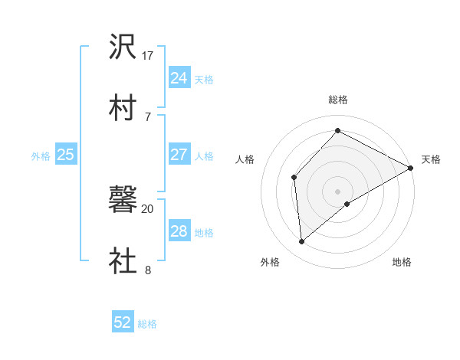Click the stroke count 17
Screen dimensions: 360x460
tap(148, 55)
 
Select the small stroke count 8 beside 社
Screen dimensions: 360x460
tap(148, 269)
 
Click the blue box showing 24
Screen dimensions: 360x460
tap(179, 77)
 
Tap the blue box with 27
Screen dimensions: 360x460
tap(179, 155)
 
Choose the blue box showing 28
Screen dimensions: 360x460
tap(179, 231)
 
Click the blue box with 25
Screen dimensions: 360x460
tap(65, 155)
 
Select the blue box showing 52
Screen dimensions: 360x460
tap(122, 322)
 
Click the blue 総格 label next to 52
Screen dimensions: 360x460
tap(147, 324)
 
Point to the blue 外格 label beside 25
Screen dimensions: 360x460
tap(41, 156)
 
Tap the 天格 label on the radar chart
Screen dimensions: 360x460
tap(431, 159)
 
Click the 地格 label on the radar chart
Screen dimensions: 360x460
tap(402, 263)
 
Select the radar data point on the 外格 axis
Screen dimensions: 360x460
tap(302, 242)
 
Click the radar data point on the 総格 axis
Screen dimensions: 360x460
tap(337, 130)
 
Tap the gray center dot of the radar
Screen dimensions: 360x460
tap(337, 191)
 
